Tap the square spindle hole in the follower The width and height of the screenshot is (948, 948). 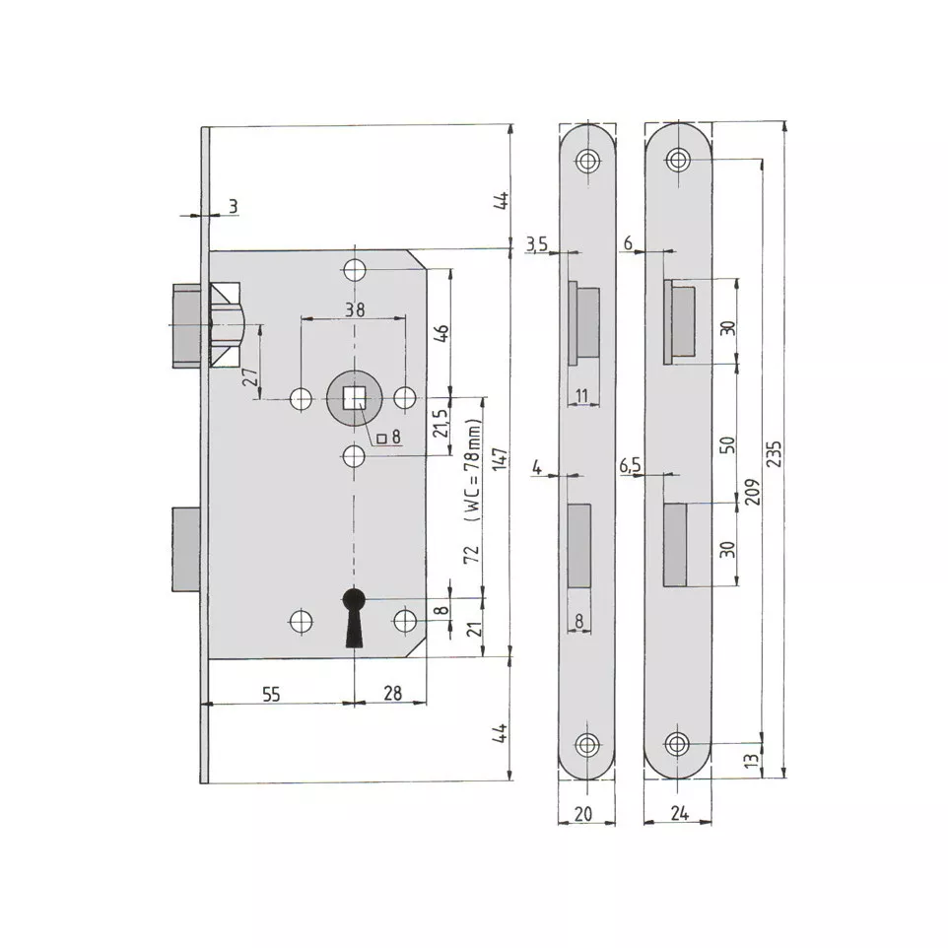tap(354, 398)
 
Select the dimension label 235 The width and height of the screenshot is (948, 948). tap(775, 453)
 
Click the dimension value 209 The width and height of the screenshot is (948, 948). tap(752, 492)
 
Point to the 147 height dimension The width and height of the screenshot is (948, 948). tap(500, 460)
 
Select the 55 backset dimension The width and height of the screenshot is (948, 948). tap(271, 694)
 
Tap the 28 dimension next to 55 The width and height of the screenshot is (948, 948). tap(392, 693)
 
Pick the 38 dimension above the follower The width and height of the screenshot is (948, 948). tap(355, 309)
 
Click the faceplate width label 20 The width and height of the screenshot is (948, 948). tap(582, 814)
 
